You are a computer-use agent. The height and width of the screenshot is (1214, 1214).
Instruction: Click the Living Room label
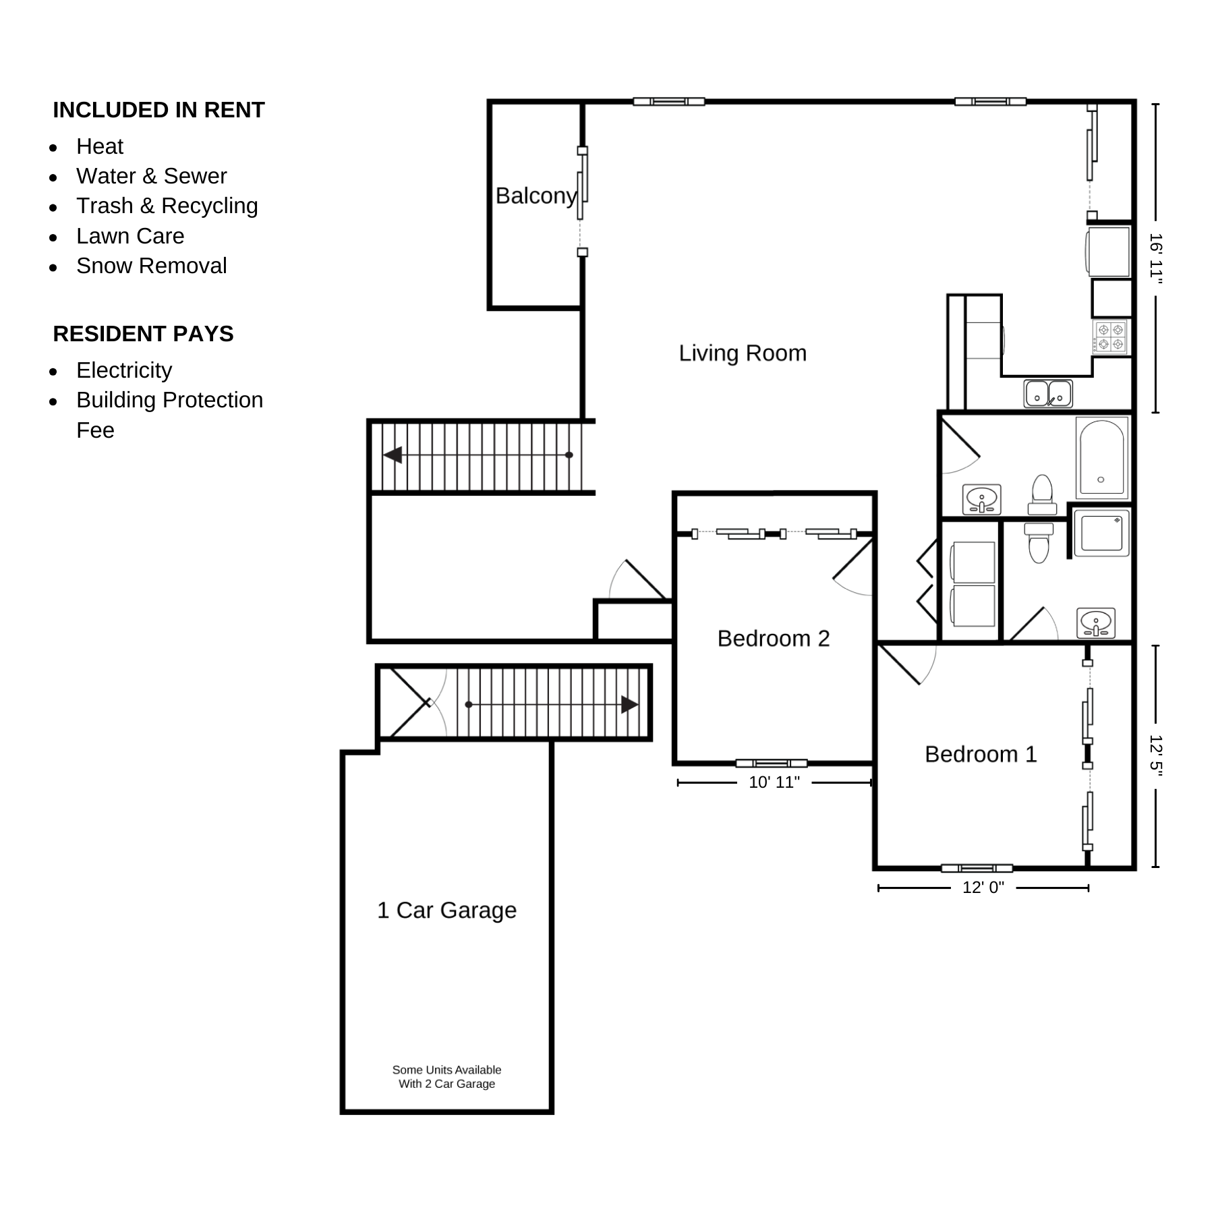click(743, 353)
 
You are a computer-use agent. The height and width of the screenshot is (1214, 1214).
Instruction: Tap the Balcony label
click(536, 196)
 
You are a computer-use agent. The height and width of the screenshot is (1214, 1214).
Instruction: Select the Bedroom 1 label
click(981, 754)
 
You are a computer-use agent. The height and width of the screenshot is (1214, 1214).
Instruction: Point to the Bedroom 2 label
click(774, 638)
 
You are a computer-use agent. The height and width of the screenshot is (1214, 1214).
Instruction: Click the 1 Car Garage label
click(446, 910)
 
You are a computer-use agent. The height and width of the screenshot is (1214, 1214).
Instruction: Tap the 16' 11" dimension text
click(1156, 257)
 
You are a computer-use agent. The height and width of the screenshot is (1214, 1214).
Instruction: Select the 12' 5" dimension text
click(1156, 755)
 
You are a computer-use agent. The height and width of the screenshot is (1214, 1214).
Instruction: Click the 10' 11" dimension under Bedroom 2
click(774, 782)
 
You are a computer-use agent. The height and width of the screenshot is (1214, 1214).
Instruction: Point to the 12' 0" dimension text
click(983, 888)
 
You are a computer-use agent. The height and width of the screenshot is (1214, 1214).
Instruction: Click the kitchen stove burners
click(1111, 337)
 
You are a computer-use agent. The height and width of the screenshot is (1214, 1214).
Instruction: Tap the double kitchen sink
click(1048, 393)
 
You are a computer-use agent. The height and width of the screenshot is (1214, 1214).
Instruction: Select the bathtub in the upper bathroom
click(1101, 457)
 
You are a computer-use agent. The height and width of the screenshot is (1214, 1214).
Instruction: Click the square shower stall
click(1101, 533)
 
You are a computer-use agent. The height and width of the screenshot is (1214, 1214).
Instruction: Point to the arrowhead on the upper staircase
click(393, 455)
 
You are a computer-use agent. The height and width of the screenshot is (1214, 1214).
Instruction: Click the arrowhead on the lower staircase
click(630, 705)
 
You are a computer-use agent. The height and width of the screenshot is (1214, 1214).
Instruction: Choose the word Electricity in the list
click(124, 370)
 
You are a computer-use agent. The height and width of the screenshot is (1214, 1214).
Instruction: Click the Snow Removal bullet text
click(152, 266)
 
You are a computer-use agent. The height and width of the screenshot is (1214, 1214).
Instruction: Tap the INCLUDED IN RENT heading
click(158, 110)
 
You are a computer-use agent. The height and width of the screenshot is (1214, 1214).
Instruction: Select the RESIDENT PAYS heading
click(143, 334)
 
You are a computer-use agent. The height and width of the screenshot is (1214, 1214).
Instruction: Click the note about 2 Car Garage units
click(446, 1076)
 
